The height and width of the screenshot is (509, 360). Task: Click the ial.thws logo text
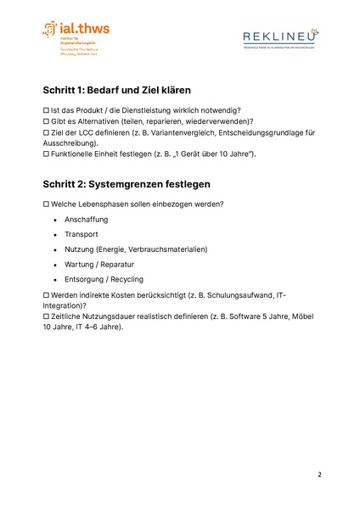85,29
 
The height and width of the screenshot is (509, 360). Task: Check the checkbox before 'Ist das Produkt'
47,110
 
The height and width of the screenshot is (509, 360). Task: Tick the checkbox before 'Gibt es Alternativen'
47,121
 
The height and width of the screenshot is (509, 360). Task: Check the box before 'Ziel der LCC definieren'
47,132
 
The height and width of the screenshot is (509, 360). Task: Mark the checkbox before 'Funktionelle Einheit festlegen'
47,154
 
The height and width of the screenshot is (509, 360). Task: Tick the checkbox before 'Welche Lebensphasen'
47,204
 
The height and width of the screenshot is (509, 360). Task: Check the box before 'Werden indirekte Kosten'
47,294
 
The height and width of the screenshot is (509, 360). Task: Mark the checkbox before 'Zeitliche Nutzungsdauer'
47,315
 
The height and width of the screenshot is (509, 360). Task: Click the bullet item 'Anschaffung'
86,220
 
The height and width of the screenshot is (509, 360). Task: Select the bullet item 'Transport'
82,234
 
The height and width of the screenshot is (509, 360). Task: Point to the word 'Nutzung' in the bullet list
79,249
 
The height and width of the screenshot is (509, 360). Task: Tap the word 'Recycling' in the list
127,279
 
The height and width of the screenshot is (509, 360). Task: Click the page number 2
320,473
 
